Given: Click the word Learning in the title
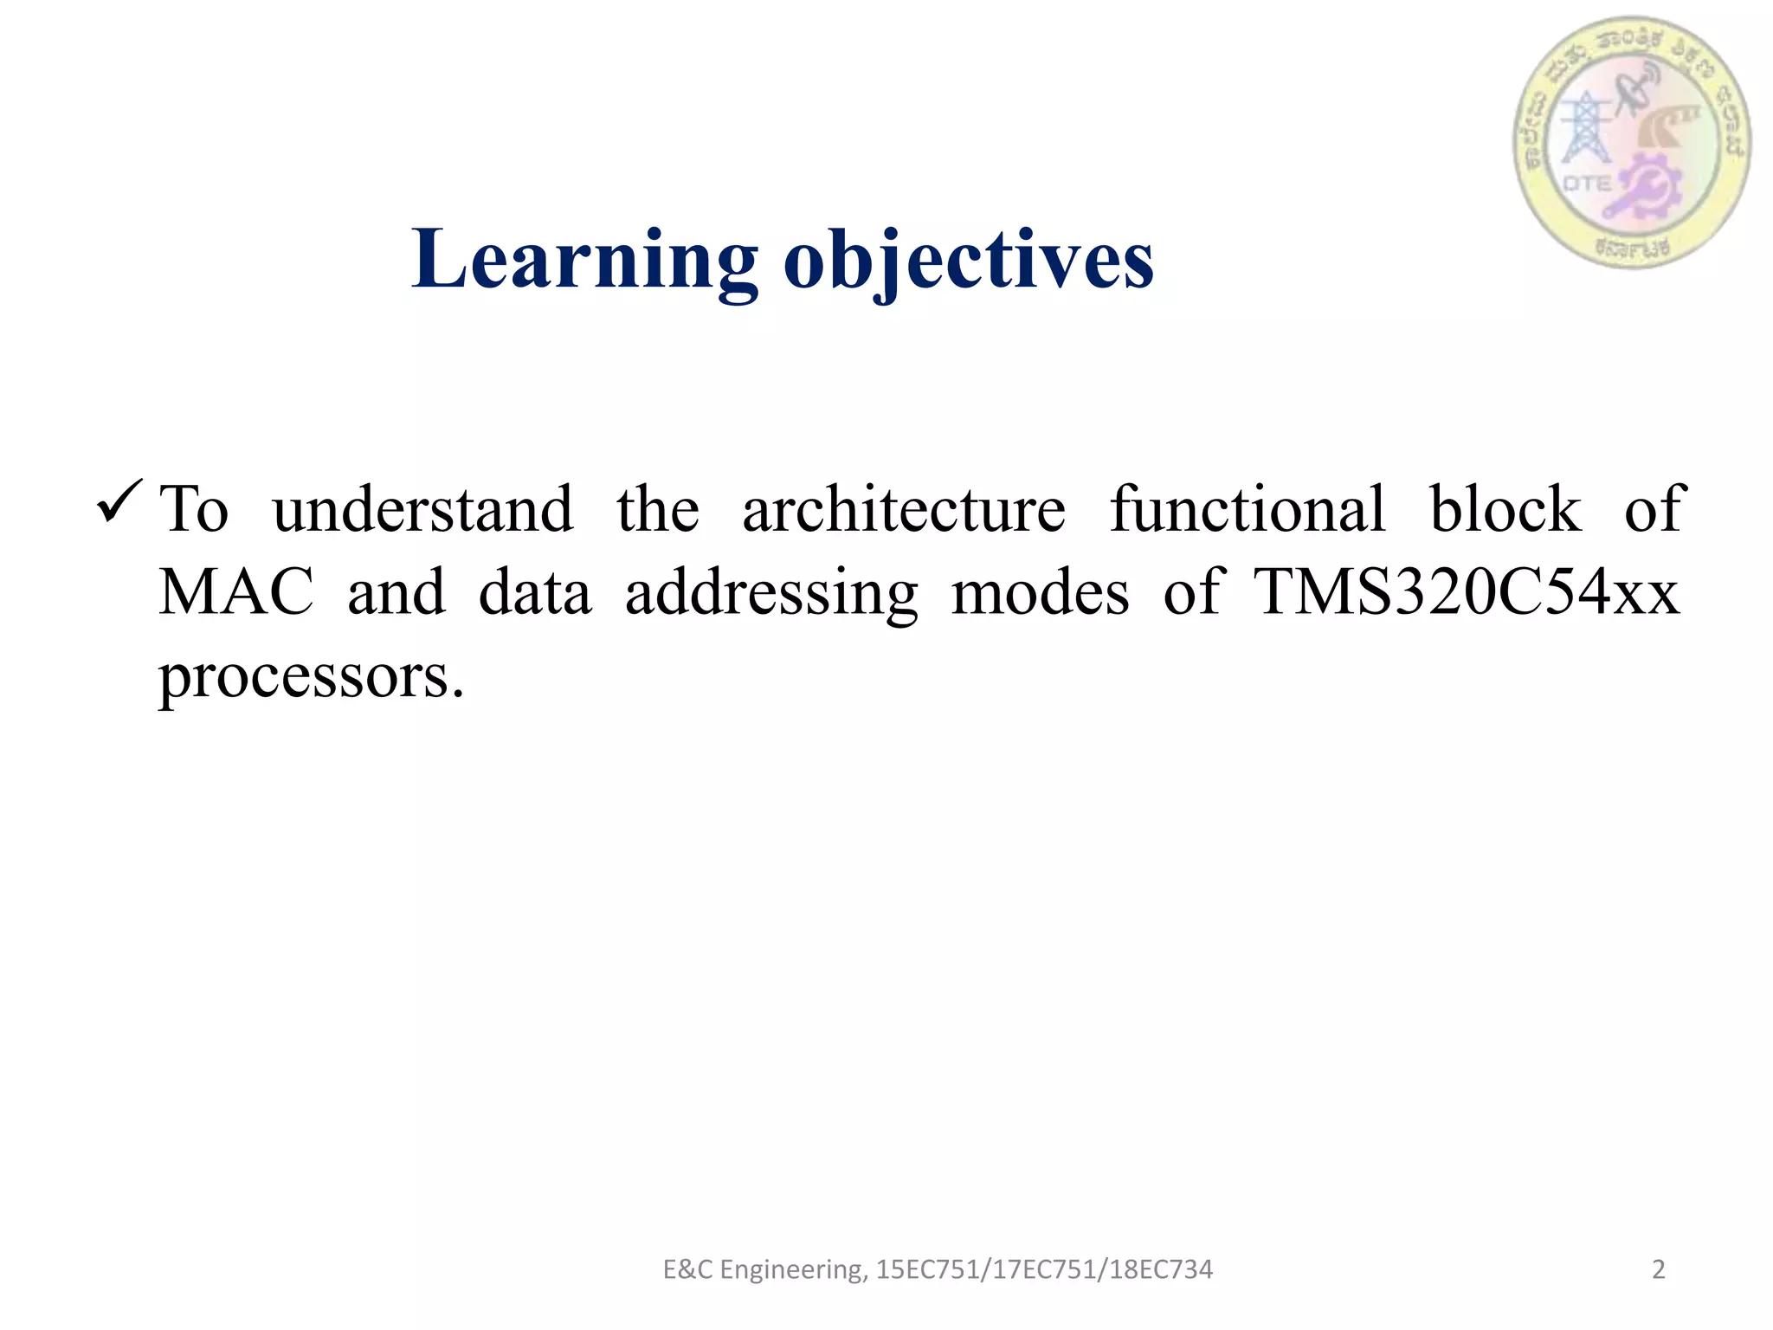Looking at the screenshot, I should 584,260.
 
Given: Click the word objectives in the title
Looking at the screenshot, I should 968,260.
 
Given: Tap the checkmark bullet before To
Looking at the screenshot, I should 119,501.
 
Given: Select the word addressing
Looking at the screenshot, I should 771,594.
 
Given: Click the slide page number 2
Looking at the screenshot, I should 1658,1269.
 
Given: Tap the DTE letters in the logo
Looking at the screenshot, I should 1587,184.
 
